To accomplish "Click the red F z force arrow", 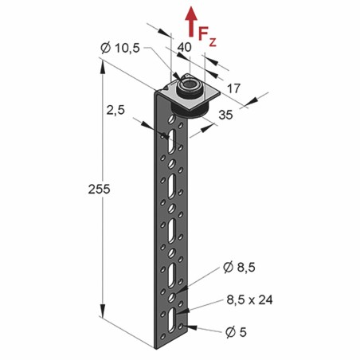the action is (x=191, y=22).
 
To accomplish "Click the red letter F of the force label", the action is (x=203, y=34).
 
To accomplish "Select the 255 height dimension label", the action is (x=99, y=189).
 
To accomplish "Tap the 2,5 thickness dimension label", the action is (x=115, y=110).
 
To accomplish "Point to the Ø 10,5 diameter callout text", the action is (x=120, y=48).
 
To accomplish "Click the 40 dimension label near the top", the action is (x=184, y=47).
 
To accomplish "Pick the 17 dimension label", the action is (x=233, y=88).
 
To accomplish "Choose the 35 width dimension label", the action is (x=225, y=115).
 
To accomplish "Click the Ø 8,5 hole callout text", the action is (x=239, y=268).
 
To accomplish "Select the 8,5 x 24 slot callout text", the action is (x=249, y=300).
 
